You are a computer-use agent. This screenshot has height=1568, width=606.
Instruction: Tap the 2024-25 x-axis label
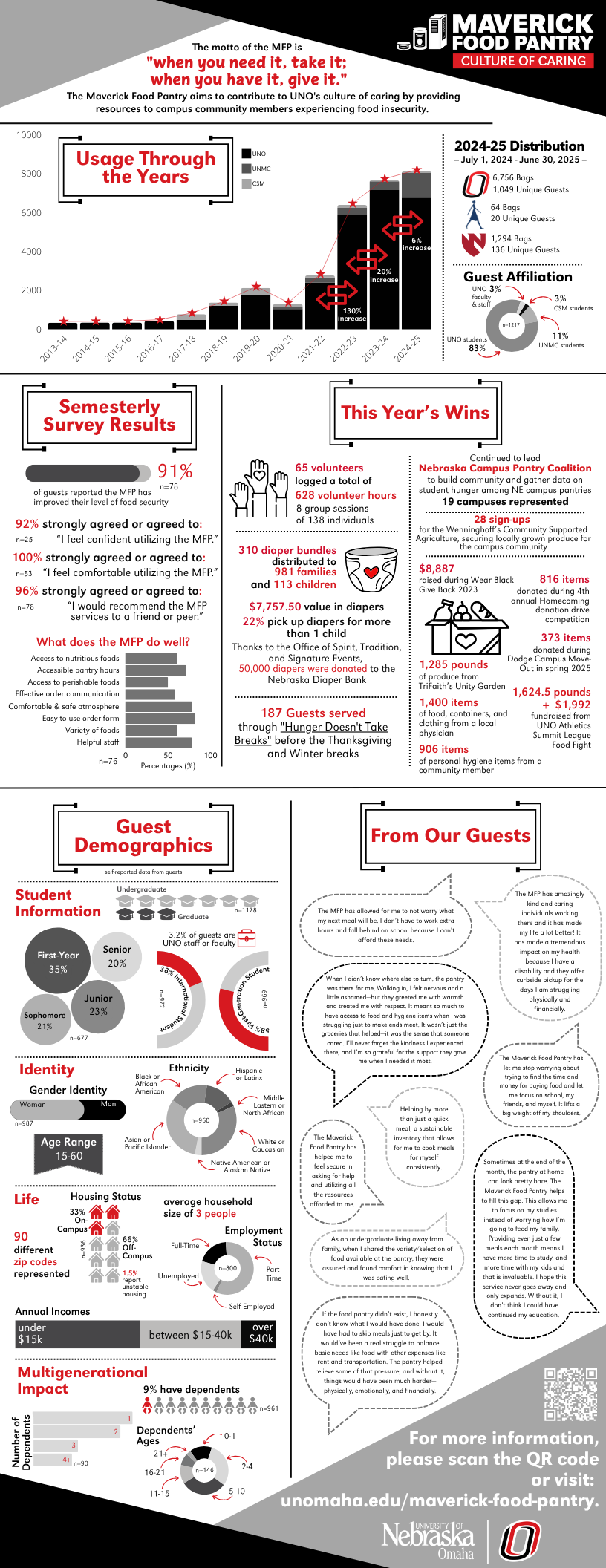click(x=407, y=348)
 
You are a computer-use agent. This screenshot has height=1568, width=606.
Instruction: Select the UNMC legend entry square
click(x=246, y=169)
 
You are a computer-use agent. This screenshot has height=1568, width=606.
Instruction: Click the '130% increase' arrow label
click(x=352, y=315)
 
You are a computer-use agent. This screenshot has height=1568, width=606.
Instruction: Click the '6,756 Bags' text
click(x=513, y=177)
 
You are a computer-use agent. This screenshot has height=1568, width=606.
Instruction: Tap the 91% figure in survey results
click(x=175, y=471)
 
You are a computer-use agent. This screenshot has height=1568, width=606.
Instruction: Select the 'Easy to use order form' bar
click(x=160, y=719)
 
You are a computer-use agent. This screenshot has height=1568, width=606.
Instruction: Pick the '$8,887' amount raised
click(x=437, y=569)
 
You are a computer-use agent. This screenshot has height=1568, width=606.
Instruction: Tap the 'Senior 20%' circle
click(x=117, y=956)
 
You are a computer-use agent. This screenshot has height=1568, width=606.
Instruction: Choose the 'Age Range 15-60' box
click(x=69, y=1149)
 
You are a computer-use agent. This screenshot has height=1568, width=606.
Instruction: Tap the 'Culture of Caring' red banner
click(x=524, y=61)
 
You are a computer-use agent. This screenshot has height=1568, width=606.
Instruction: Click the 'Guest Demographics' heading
click(x=143, y=836)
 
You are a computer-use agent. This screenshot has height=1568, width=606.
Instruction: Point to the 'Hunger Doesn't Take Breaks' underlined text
click(x=313, y=734)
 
